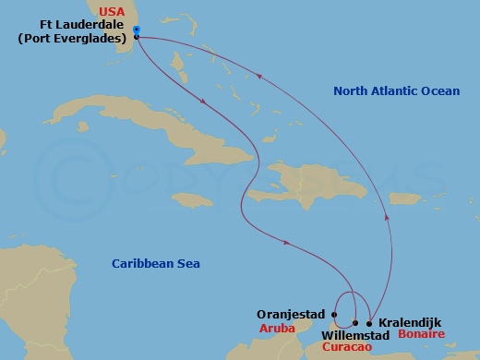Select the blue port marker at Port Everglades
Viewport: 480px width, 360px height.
point(136,30)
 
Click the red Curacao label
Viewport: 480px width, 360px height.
point(347,349)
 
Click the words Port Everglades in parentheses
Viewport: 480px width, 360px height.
point(73,38)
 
